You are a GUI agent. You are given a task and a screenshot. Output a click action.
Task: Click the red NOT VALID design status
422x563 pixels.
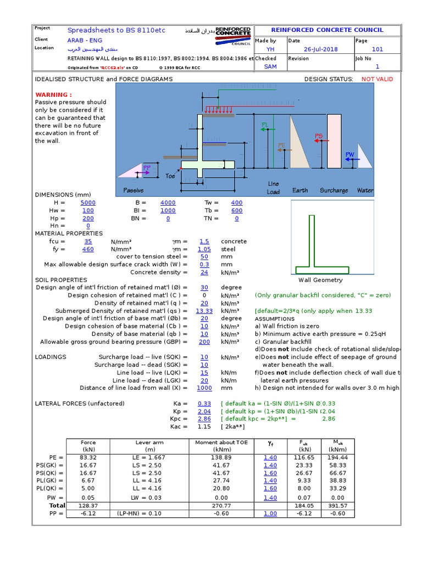(x=377, y=79)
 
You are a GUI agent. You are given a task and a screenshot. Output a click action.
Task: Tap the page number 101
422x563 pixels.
(x=377, y=49)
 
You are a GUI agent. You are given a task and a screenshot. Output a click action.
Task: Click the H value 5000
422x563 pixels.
(x=88, y=203)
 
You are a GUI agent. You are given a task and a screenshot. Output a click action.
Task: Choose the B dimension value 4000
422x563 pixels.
(x=168, y=203)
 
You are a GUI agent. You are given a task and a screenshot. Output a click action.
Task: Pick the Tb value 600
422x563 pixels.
(x=237, y=211)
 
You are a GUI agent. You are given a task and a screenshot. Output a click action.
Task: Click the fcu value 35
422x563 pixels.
(x=88, y=241)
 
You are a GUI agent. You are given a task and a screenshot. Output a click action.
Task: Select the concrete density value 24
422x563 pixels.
(x=204, y=272)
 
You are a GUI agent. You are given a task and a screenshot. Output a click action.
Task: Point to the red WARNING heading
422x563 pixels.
(x=53, y=95)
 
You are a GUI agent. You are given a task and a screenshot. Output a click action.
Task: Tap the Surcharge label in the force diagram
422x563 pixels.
(x=334, y=190)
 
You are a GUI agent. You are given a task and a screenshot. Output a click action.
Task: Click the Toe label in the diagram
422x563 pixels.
(x=170, y=176)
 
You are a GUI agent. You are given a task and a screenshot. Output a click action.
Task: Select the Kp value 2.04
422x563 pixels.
(x=204, y=411)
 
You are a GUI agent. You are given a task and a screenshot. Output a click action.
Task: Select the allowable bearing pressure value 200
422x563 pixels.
(x=204, y=341)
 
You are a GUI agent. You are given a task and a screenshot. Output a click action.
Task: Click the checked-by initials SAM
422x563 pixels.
(x=270, y=67)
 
